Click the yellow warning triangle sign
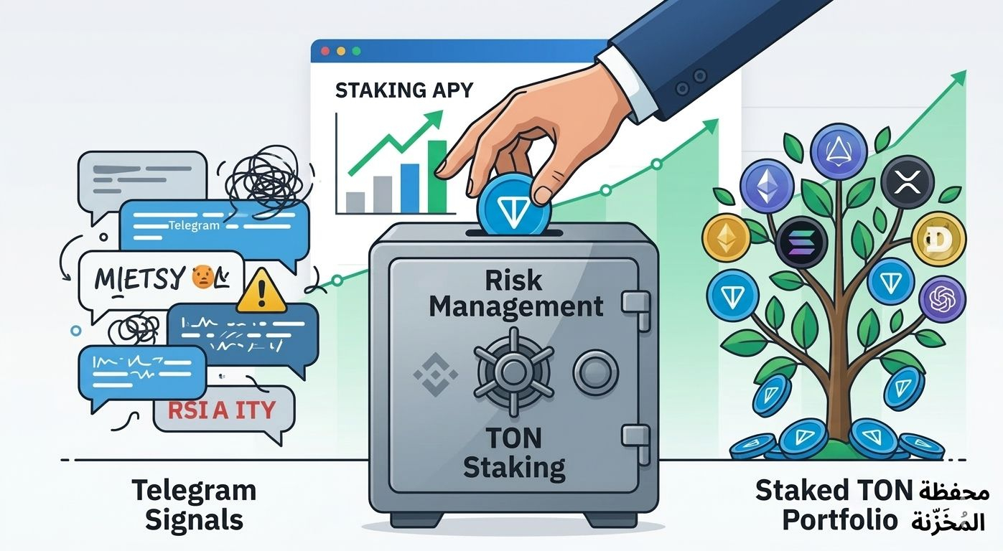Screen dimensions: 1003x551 [261, 293]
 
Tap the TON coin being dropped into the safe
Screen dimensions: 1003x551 [514, 207]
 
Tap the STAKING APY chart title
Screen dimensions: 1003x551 [404, 90]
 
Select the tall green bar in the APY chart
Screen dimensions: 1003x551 [437, 176]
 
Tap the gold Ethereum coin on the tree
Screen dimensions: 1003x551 [725, 239]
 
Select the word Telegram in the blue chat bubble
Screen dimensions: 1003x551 [193, 225]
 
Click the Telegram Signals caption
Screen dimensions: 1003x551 [193, 504]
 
